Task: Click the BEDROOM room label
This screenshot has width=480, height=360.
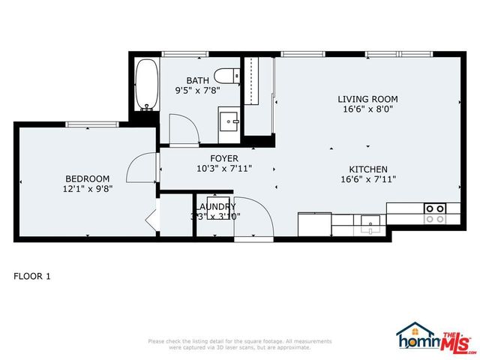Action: click(x=88, y=178)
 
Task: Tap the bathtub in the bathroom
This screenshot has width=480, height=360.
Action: click(x=145, y=84)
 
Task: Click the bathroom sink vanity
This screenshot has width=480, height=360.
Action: click(x=228, y=121)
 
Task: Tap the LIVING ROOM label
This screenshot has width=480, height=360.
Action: click(x=367, y=99)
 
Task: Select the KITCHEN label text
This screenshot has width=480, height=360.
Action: click(x=367, y=169)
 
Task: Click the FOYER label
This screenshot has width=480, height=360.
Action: click(x=224, y=158)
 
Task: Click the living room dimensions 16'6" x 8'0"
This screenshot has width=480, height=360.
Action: click(x=367, y=109)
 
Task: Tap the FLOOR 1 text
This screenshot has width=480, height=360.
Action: click(x=32, y=276)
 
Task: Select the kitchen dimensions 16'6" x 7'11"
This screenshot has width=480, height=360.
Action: click(x=367, y=179)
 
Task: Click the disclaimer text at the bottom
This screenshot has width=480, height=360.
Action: click(x=240, y=344)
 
